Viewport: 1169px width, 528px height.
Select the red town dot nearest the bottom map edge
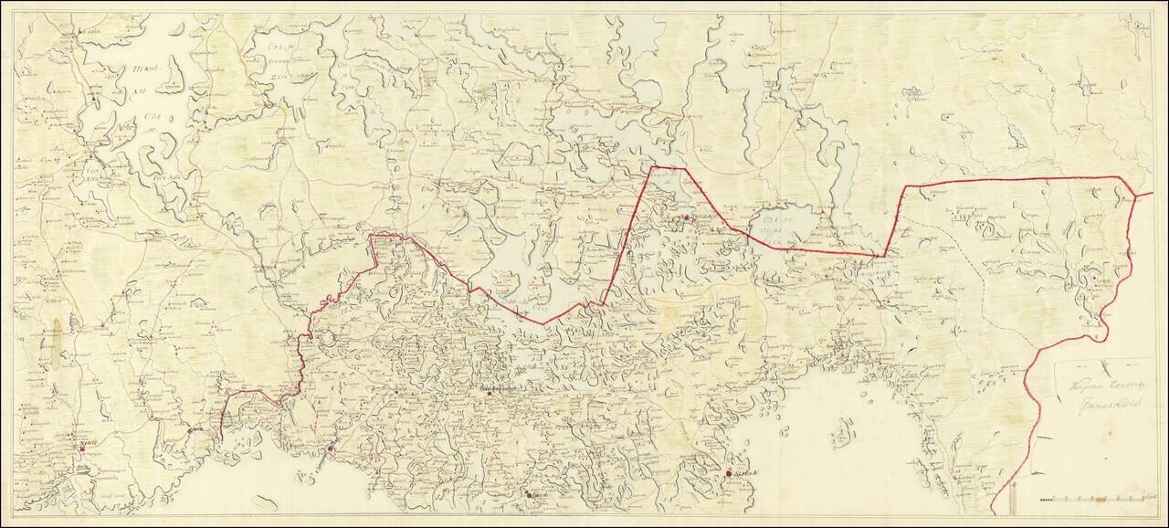pos(531,495)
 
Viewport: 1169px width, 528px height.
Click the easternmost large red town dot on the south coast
pos(727,473)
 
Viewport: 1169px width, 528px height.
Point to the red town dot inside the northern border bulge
pos(687,216)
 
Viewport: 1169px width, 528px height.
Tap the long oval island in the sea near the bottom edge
pos(266,501)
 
